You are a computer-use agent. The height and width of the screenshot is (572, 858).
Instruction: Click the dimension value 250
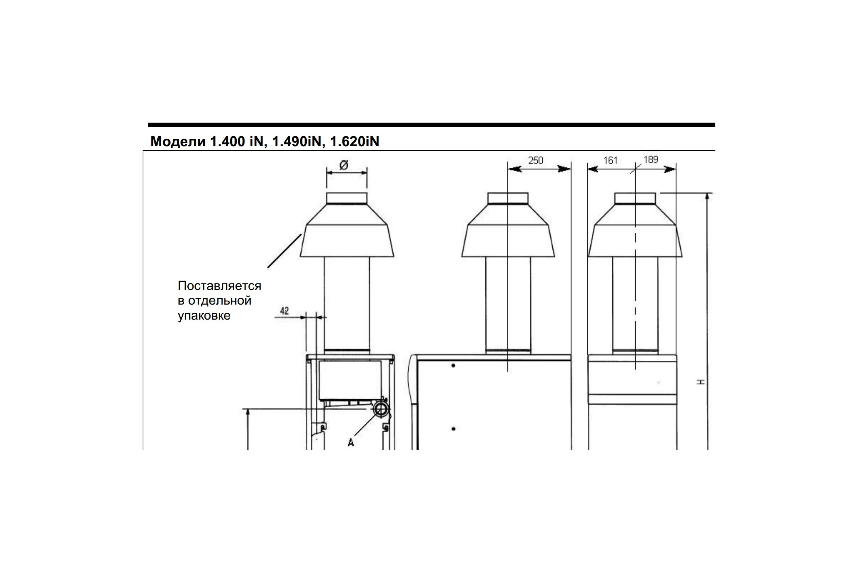(536, 160)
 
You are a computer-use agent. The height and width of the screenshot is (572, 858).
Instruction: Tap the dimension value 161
(610, 160)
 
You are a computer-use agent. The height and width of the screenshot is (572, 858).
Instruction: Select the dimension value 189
(651, 159)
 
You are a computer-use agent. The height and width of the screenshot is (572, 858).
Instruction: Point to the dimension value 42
(284, 311)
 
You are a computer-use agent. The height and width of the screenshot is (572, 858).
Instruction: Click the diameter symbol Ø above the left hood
(344, 165)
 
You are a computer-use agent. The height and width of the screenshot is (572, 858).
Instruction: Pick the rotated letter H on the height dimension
(701, 381)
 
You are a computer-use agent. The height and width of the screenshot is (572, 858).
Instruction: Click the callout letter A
(351, 443)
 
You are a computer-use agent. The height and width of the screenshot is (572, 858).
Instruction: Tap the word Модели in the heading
(178, 142)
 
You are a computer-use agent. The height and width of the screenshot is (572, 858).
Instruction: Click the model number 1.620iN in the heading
(355, 142)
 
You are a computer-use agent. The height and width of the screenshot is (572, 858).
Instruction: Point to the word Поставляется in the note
(219, 286)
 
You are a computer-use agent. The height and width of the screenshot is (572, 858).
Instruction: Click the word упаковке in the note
(204, 316)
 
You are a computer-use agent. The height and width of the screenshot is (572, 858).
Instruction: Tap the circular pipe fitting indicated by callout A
(381, 409)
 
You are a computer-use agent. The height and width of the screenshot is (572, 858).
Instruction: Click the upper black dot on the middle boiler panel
(453, 365)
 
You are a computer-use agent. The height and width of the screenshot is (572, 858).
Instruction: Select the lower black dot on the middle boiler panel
(453, 429)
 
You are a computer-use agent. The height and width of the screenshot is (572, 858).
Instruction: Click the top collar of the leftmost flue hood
(346, 198)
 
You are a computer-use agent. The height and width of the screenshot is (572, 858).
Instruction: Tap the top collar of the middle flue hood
(508, 198)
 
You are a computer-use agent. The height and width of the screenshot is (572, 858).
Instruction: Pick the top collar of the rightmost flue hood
(635, 198)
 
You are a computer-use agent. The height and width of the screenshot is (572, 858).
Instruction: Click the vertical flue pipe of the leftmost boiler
(346, 305)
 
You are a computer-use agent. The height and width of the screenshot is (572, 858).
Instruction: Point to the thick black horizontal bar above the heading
(432, 125)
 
